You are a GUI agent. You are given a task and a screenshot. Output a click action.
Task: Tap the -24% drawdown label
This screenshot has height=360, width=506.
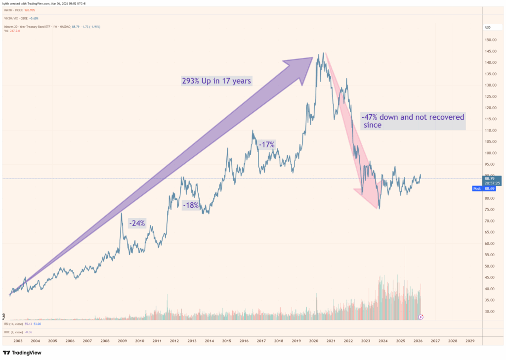(137, 223)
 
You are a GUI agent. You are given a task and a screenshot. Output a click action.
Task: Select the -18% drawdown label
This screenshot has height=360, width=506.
(191, 205)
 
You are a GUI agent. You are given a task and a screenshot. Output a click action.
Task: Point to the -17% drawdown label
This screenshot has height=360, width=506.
(266, 144)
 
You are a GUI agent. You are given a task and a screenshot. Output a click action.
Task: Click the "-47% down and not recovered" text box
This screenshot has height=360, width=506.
(413, 122)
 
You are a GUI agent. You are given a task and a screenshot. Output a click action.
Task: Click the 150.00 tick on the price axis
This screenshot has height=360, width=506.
(490, 40)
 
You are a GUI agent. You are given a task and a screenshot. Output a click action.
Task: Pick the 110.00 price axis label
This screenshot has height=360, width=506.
(490, 131)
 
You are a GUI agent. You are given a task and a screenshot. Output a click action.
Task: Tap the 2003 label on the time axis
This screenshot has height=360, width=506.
(18, 341)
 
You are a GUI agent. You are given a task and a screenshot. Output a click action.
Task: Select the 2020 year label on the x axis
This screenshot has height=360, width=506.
(313, 341)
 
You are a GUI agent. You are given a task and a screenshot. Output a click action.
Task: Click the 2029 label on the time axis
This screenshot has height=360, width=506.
(469, 341)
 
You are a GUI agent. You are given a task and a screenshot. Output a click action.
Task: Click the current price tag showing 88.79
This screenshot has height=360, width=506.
(492, 179)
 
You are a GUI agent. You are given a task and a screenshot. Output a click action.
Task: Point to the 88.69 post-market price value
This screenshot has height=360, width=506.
(492, 188)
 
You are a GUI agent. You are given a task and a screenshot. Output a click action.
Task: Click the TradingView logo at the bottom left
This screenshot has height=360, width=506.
(22, 353)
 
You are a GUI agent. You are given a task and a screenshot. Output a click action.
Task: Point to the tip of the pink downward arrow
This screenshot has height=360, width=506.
(379, 209)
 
